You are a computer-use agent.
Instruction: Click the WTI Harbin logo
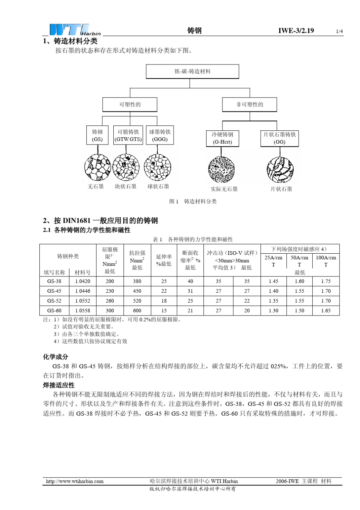75,30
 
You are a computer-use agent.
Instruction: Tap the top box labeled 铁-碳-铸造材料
193,71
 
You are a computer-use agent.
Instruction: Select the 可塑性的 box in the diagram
130,104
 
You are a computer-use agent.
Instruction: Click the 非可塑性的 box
249,104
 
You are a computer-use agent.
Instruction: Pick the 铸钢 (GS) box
97,135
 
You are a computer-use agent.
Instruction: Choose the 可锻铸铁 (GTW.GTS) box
128,135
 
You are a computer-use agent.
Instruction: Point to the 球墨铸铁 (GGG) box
160,135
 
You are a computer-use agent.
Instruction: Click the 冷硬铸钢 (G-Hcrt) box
222,138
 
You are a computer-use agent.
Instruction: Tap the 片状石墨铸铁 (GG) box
280,138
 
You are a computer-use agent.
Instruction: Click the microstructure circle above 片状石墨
280,169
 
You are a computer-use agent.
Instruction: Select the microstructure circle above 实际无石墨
222,169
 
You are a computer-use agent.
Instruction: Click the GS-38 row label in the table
54,281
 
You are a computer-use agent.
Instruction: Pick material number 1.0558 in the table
83,311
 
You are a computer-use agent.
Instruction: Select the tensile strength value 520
137,301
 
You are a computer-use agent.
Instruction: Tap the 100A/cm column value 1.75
326,281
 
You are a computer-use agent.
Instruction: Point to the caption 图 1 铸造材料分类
193,201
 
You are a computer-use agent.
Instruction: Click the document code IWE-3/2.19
296,31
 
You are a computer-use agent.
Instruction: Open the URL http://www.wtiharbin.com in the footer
75,481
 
